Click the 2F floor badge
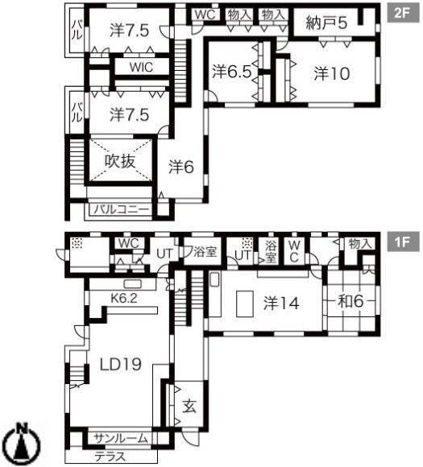click(x=403, y=13)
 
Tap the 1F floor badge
click(x=403, y=242)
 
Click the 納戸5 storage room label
click(x=326, y=23)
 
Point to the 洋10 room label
click(x=332, y=73)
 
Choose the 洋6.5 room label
click(x=232, y=72)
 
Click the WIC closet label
click(x=141, y=67)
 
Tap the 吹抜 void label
click(x=120, y=161)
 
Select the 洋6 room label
click(x=181, y=167)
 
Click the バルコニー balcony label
click(x=122, y=209)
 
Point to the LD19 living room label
click(x=120, y=364)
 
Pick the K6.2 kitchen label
click(x=124, y=298)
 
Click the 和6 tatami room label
click(x=350, y=301)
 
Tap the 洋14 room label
click(x=281, y=304)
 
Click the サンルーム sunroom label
click(x=120, y=438)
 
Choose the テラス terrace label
click(x=110, y=457)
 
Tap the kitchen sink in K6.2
click(x=132, y=284)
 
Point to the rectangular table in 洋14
click(x=245, y=304)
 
